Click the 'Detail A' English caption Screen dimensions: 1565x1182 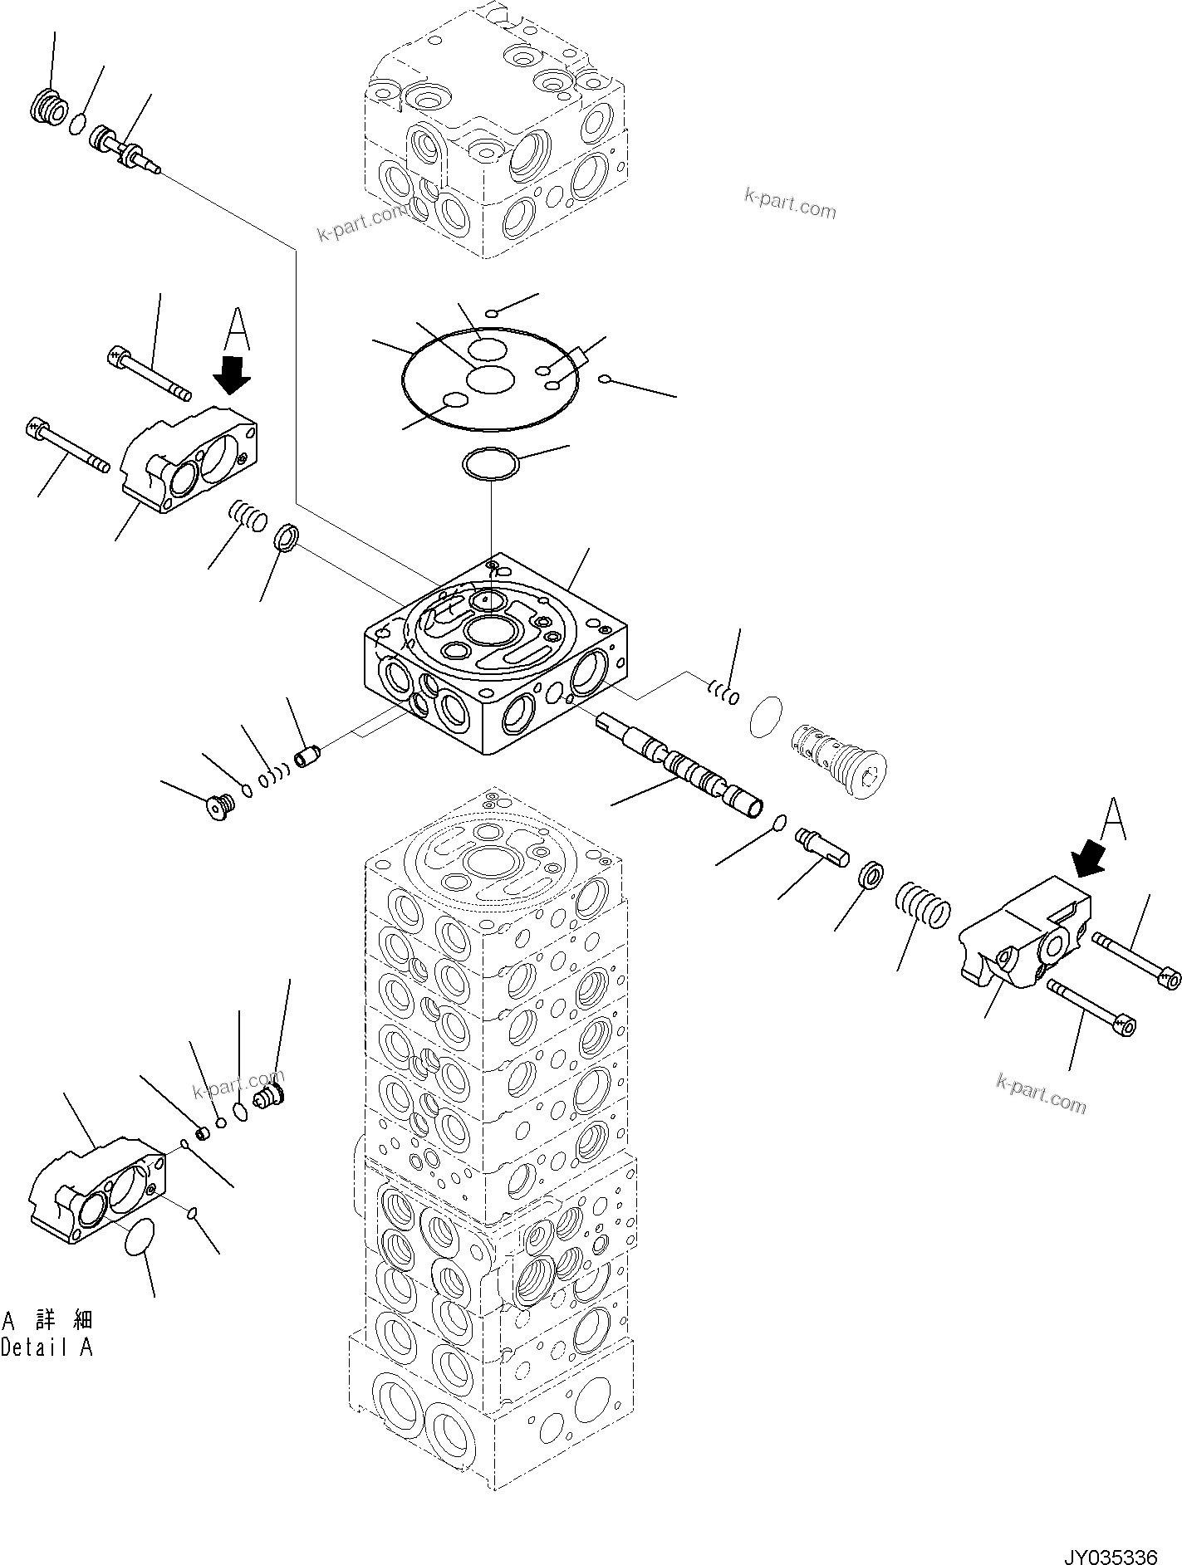click(47, 1348)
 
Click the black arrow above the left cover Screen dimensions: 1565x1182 click(232, 374)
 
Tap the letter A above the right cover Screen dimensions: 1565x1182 click(1113, 819)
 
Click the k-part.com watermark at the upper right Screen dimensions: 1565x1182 click(790, 203)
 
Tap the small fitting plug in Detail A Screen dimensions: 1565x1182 click(268, 1097)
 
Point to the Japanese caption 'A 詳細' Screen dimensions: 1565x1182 click(47, 1319)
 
